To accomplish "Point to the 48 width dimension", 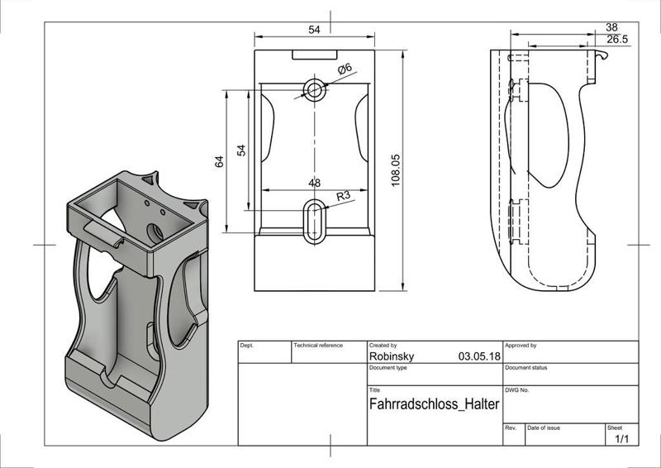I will click(x=315, y=183).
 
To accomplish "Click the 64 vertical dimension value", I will click(x=220, y=162).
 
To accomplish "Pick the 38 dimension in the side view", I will click(x=611, y=26).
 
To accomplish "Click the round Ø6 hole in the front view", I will click(x=315, y=88).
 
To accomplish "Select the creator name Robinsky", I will click(x=394, y=356).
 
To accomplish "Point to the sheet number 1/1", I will click(x=622, y=439).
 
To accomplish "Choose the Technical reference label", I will click(x=318, y=345).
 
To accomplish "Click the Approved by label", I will click(x=521, y=345).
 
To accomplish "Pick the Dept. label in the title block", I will click(x=247, y=345).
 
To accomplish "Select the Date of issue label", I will click(x=544, y=427).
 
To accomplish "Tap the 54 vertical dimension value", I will click(x=241, y=150).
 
